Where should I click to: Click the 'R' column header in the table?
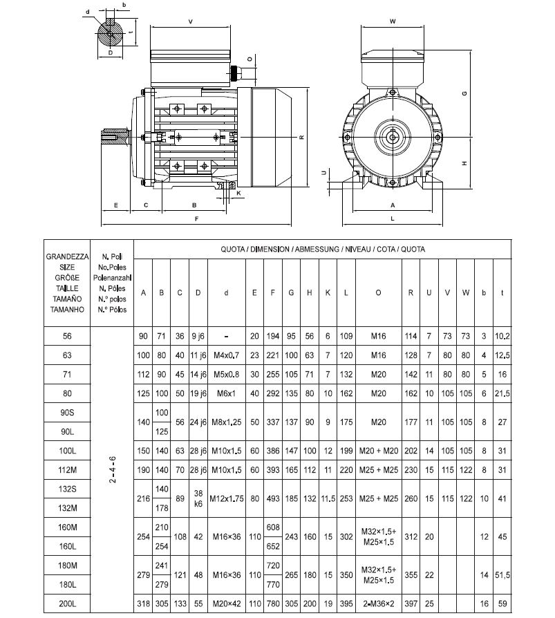pos(411,292)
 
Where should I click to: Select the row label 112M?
pos(67,471)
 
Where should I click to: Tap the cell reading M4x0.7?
pos(227,356)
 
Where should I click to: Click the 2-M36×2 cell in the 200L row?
pos(377,604)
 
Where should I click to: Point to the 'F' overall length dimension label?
pos(197,219)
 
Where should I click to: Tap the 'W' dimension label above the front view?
pos(392,21)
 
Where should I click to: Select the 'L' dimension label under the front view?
pos(392,218)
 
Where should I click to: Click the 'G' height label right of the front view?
pos(465,93)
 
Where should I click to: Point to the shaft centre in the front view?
pos(393,136)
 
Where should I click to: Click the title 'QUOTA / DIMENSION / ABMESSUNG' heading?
pos(322,249)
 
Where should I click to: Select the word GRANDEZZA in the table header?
pos(67,256)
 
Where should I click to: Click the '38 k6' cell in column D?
pos(198,499)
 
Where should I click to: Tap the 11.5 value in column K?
pos(328,499)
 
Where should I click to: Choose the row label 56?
pos(67,337)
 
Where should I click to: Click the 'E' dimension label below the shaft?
pos(116,205)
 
